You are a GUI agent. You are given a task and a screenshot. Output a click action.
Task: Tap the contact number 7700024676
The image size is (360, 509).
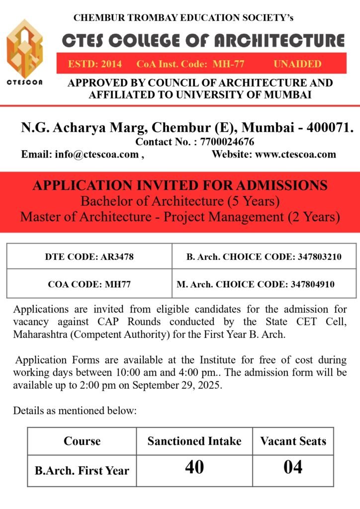tap(227, 142)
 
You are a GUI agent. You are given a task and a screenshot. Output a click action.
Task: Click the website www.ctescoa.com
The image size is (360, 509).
tap(295, 154)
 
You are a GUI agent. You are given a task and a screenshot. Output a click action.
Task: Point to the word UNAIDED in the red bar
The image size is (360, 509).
tap(297, 64)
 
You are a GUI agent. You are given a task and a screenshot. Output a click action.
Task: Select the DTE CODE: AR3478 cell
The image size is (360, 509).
tap(90, 257)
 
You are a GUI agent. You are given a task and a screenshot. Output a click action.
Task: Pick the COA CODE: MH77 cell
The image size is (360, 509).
tap(90, 285)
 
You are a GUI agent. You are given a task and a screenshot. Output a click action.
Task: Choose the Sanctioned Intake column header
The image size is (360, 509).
tap(194, 441)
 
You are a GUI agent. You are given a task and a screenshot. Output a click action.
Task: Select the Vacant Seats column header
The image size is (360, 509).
tap(293, 441)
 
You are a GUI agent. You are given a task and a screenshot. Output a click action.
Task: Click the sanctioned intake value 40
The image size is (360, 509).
tap(194, 468)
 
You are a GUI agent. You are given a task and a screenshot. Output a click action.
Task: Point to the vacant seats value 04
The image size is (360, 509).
tap(292, 468)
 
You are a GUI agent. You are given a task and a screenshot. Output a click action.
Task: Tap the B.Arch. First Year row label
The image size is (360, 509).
tap(82, 470)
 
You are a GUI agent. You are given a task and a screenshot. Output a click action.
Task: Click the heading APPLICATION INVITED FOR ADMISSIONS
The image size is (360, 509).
tap(180, 186)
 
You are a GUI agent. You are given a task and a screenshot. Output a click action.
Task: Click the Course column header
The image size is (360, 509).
tap(82, 441)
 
